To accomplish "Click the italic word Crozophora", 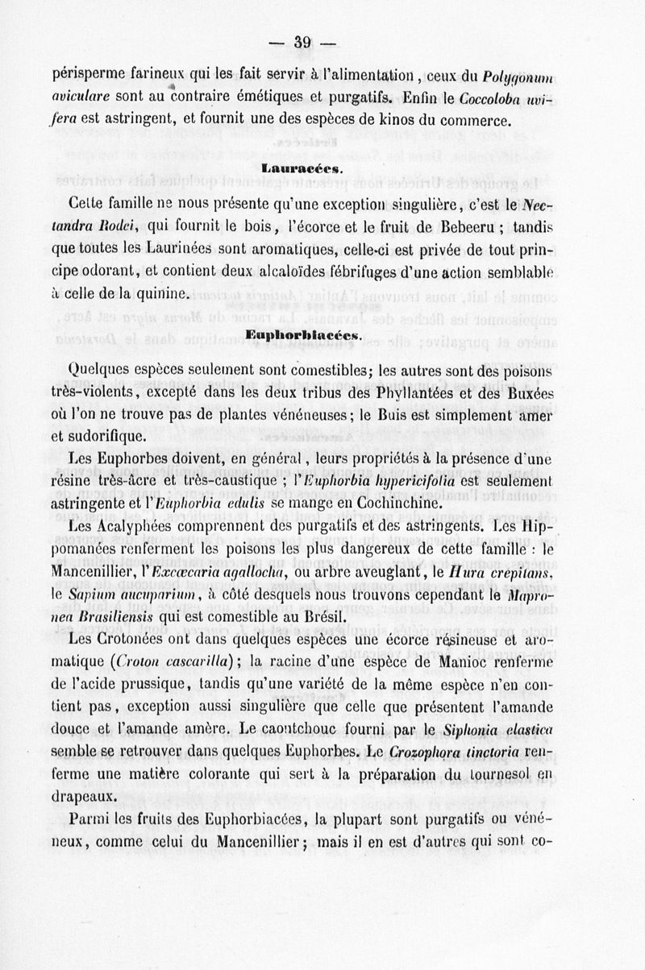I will tap(425, 751).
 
